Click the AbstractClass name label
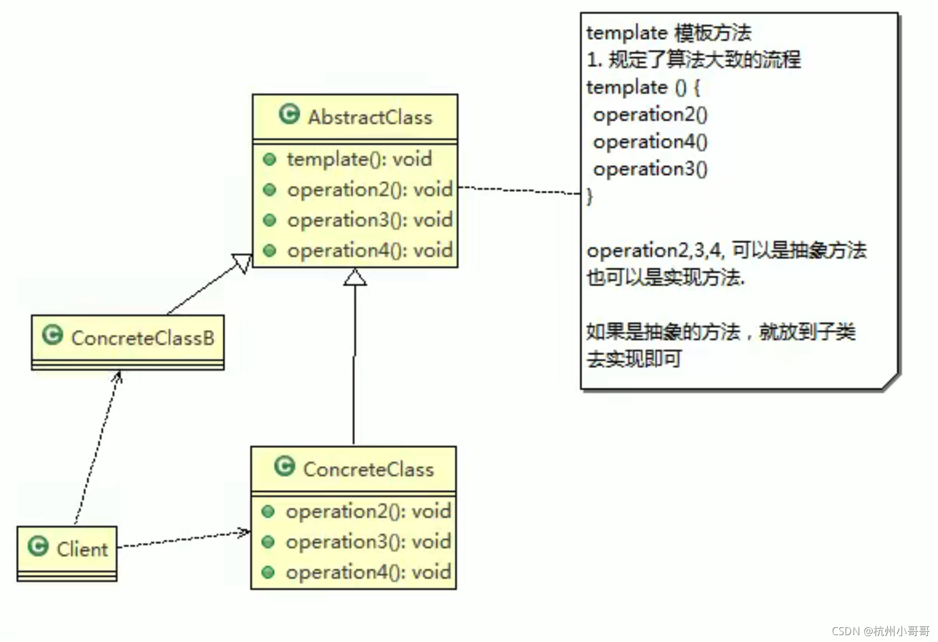pos(370,117)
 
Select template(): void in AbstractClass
pos(359,159)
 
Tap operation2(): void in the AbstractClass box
pos(369,190)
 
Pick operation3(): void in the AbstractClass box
pos(369,220)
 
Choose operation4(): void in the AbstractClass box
pos(369,250)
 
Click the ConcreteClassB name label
pos(143,338)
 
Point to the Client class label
pos(82,549)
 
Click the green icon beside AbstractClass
pos(289,114)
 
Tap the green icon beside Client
pos(38,546)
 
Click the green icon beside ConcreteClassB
pos(52,335)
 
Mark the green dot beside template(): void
pos(270,159)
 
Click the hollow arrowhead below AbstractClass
pos(355,277)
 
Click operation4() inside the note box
pos(650,142)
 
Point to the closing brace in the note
pos(590,196)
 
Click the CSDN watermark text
pos(880,631)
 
